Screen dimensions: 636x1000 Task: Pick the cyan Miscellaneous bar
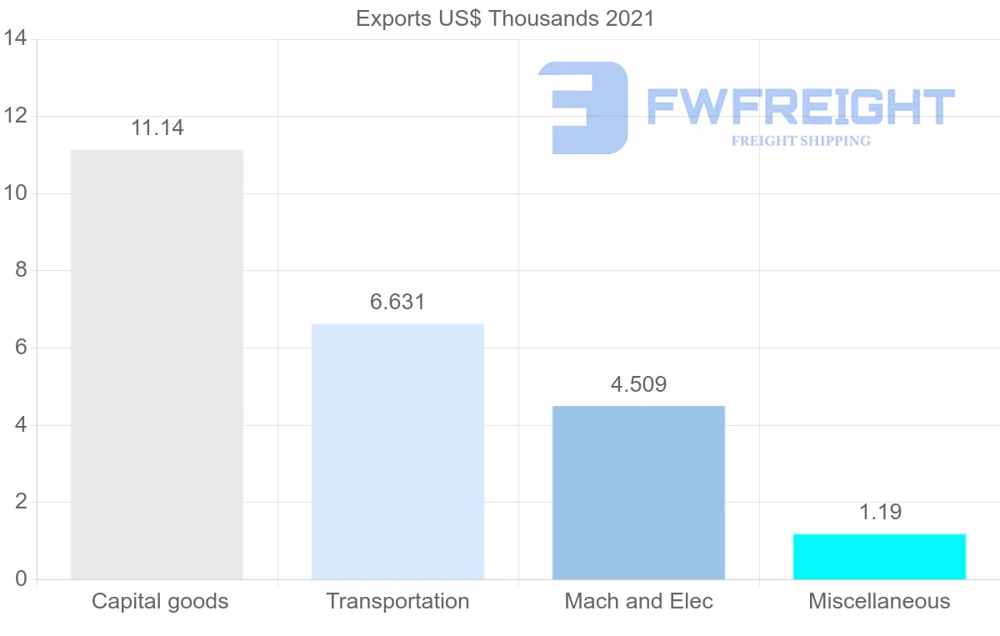click(879, 556)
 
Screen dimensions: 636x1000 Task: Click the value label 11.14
click(157, 128)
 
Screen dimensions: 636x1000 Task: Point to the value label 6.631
click(397, 302)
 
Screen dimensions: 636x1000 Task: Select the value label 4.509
click(638, 384)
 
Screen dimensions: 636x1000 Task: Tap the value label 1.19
click(879, 512)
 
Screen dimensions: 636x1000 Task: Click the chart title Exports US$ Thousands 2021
click(505, 18)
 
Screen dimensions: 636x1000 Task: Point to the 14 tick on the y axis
click(15, 39)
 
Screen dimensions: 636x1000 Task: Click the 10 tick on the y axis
click(15, 193)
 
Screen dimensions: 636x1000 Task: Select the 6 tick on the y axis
click(20, 348)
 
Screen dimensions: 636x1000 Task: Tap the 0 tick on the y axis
click(20, 579)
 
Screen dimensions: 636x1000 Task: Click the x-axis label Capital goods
click(160, 601)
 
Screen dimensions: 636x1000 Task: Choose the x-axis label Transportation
click(397, 601)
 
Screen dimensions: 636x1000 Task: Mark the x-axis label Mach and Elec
click(638, 601)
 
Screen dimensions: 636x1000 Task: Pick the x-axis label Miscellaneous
click(879, 601)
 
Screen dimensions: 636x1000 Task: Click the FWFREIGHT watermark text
click(800, 107)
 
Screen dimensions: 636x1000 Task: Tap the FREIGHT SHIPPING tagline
click(801, 141)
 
